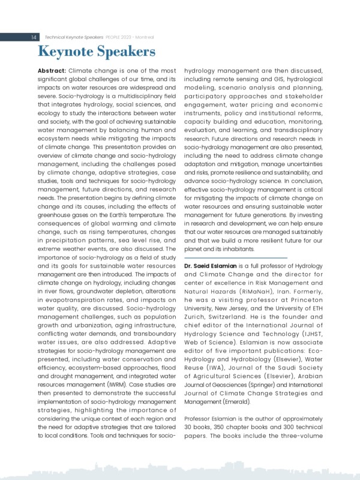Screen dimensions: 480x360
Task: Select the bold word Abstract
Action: point(52,71)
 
